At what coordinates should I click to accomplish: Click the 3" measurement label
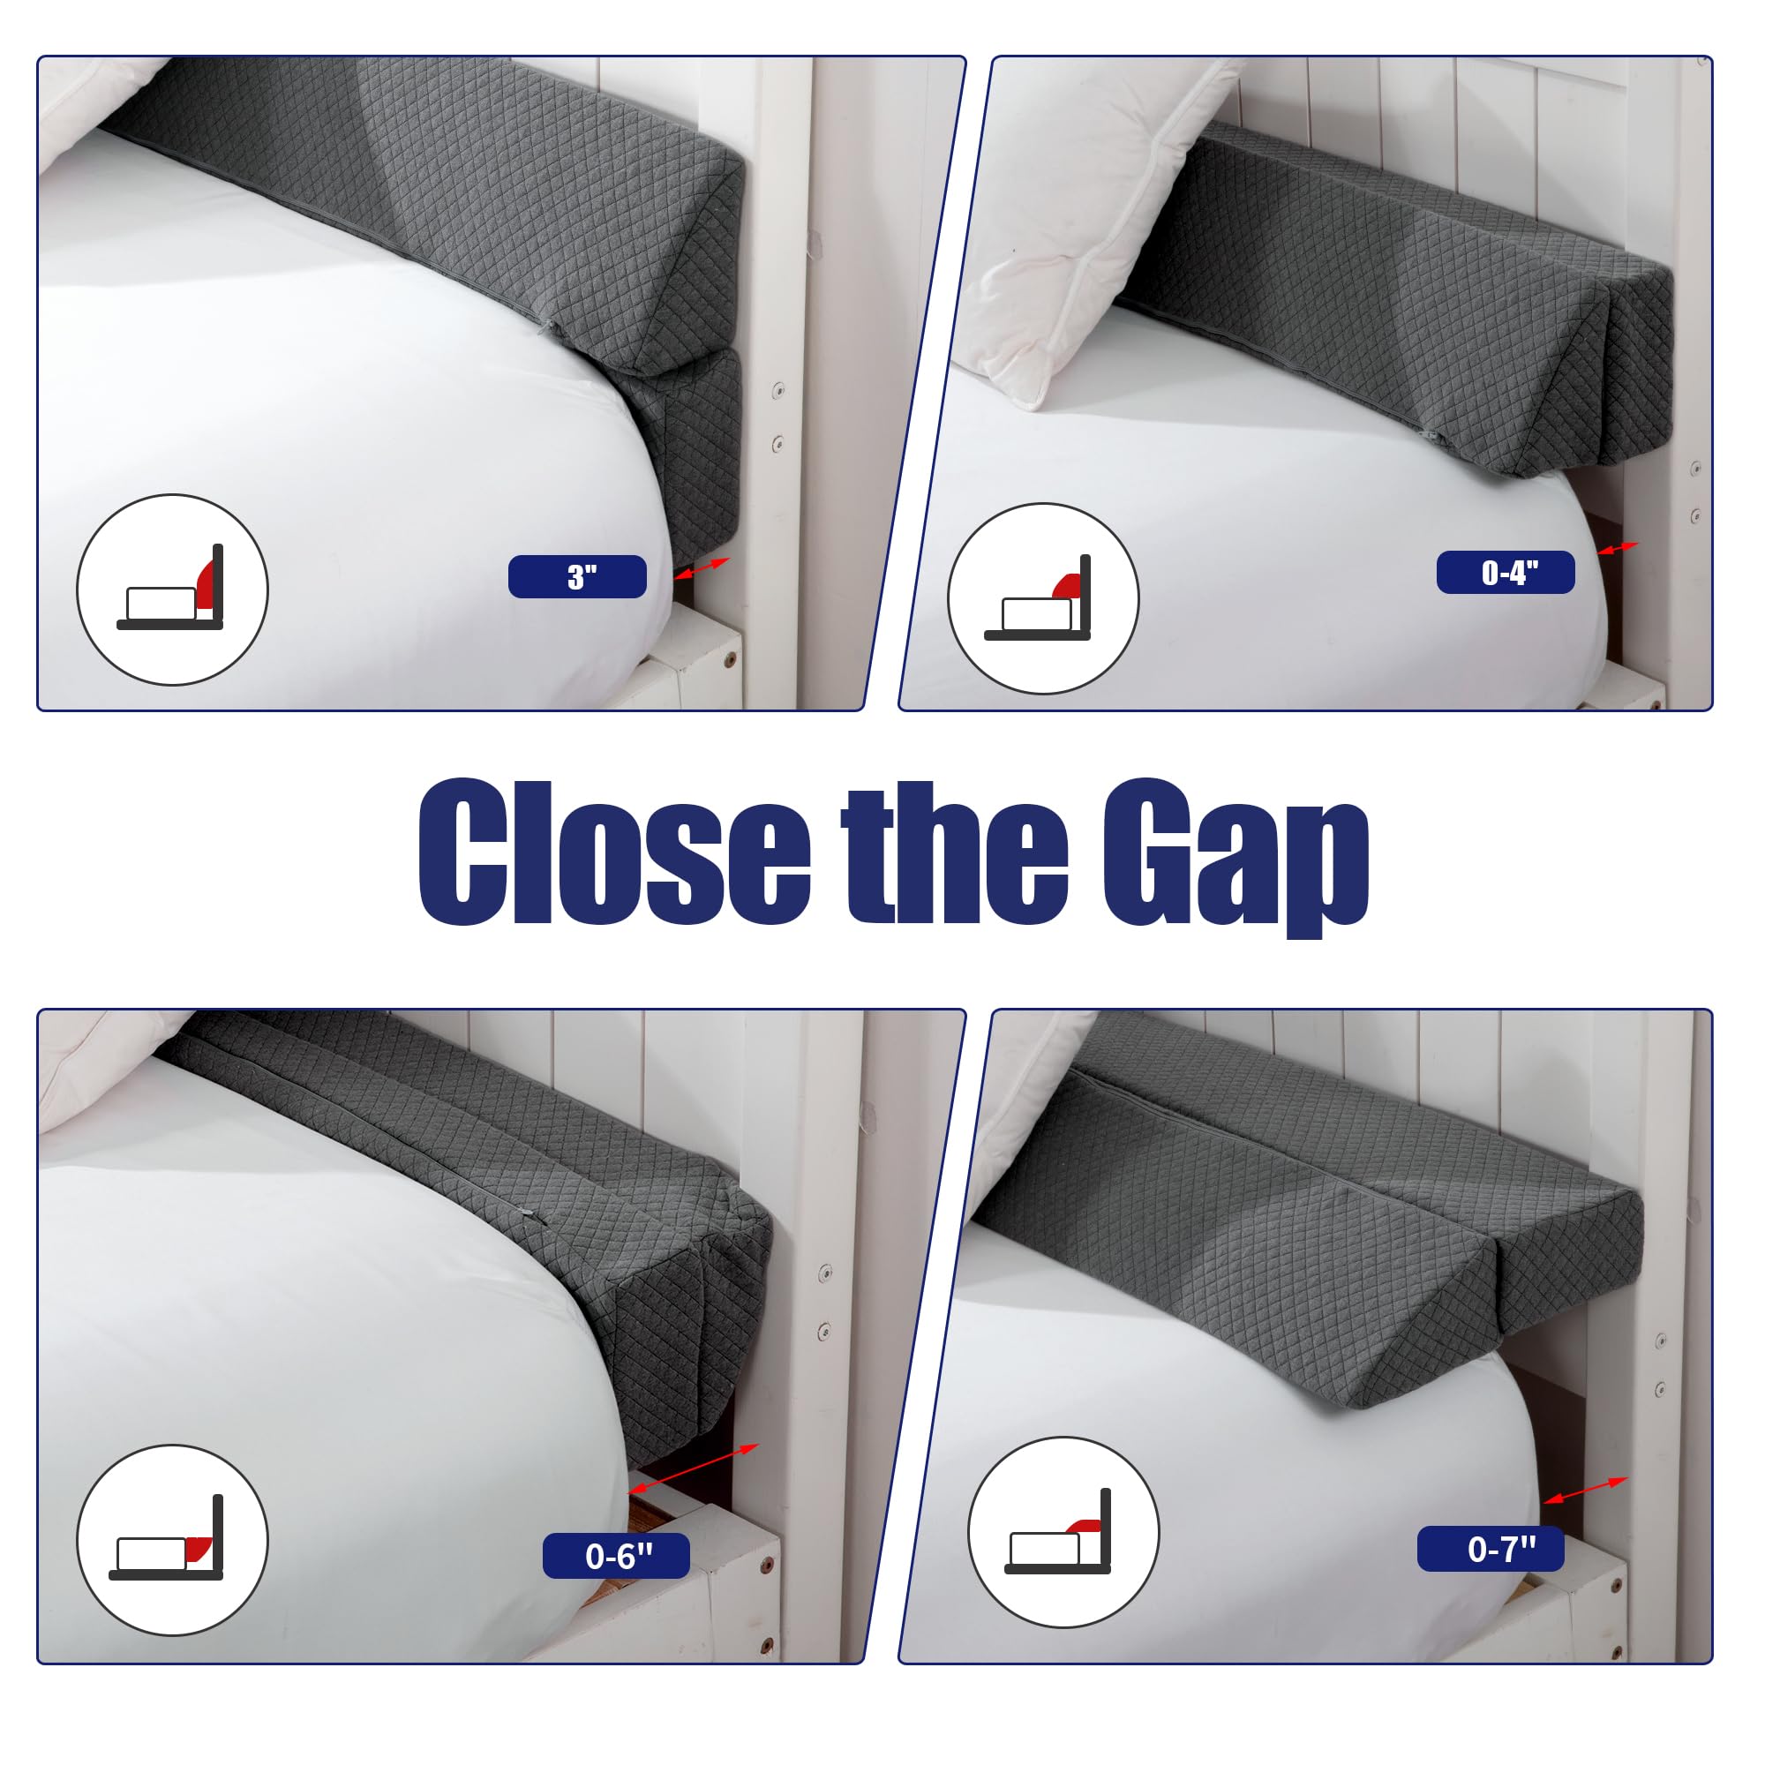coord(577,576)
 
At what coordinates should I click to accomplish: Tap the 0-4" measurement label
coord(1506,573)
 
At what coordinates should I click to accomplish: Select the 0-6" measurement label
coord(616,1556)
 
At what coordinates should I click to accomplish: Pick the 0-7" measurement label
coord(1490,1549)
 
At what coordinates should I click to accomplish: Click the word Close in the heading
coord(614,853)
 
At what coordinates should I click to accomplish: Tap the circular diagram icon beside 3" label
coord(172,590)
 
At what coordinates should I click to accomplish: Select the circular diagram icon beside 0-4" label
coord(1043,599)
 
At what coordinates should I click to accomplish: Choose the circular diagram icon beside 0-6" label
coord(172,1541)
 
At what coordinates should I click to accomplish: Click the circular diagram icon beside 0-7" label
coord(1063,1532)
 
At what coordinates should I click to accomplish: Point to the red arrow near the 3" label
coord(702,568)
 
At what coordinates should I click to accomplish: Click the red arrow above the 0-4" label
coord(1617,549)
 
